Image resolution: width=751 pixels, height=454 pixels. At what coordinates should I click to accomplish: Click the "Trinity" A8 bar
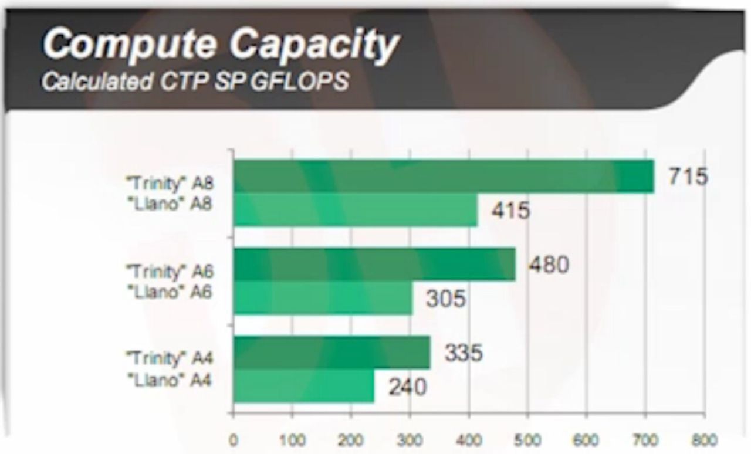pyautogui.click(x=444, y=176)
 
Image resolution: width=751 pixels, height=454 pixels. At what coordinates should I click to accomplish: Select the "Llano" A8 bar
pyautogui.click(x=356, y=210)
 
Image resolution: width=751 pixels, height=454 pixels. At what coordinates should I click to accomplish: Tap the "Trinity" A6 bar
pyautogui.click(x=374, y=265)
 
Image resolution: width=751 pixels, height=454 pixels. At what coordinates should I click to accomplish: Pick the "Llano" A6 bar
pyautogui.click(x=323, y=299)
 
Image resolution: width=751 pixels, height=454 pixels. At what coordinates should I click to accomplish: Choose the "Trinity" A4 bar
pyautogui.click(x=331, y=353)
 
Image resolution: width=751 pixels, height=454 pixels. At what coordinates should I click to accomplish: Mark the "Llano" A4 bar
pyautogui.click(x=304, y=387)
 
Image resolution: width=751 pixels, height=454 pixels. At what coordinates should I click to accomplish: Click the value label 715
pyautogui.click(x=688, y=176)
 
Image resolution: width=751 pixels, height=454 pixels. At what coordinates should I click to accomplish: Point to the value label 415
pyautogui.click(x=510, y=210)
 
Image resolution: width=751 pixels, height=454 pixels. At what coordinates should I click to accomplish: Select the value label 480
pyautogui.click(x=549, y=265)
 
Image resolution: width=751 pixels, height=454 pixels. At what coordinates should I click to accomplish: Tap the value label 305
pyautogui.click(x=445, y=299)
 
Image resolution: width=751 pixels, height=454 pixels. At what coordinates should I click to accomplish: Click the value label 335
pyautogui.click(x=464, y=353)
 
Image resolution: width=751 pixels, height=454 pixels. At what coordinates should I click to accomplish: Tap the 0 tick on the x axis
pyautogui.click(x=234, y=440)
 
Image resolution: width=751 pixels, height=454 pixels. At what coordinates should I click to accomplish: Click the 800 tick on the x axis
pyautogui.click(x=704, y=440)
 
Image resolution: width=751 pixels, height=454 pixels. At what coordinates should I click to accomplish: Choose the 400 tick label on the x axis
pyautogui.click(x=469, y=440)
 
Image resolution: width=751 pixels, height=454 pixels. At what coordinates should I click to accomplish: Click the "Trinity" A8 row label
pyautogui.click(x=171, y=183)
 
